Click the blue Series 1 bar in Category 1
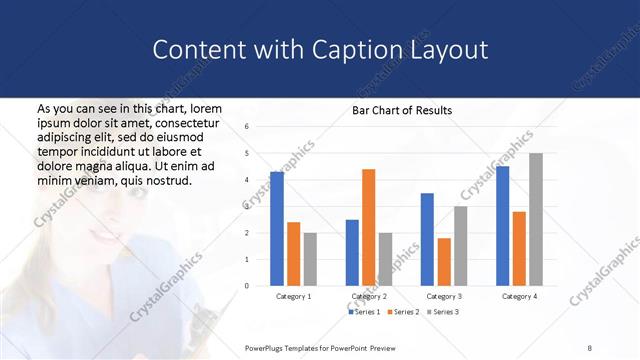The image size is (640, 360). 277,229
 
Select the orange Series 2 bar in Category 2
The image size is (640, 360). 368,227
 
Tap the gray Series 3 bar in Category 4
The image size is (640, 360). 536,219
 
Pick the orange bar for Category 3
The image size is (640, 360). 444,262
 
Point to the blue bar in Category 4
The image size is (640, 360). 502,226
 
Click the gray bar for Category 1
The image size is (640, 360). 310,259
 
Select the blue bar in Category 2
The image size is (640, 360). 352,252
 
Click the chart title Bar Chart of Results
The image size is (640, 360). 402,110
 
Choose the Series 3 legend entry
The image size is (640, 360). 443,313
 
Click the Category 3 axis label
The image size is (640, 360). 443,297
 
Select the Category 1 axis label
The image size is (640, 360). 294,297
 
